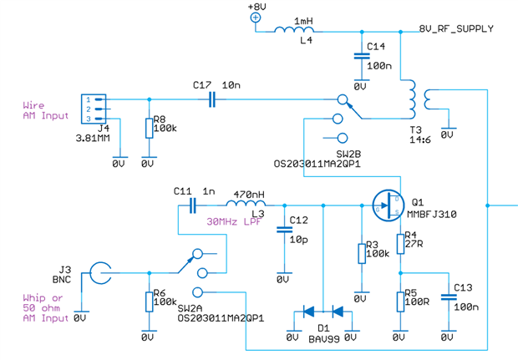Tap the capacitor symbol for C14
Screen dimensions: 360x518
tap(360, 57)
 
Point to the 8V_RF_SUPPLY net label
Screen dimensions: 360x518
tap(455, 29)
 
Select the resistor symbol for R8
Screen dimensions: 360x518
tap(149, 128)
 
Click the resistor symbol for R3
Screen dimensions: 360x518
tap(361, 252)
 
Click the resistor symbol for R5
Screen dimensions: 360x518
tap(400, 298)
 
